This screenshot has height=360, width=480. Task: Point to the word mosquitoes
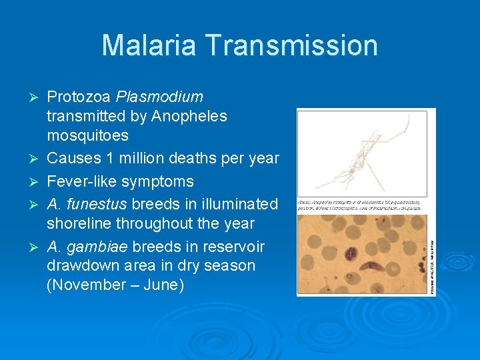point(87,135)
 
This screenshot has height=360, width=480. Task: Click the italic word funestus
point(98,203)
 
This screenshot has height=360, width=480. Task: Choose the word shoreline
point(77,223)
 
